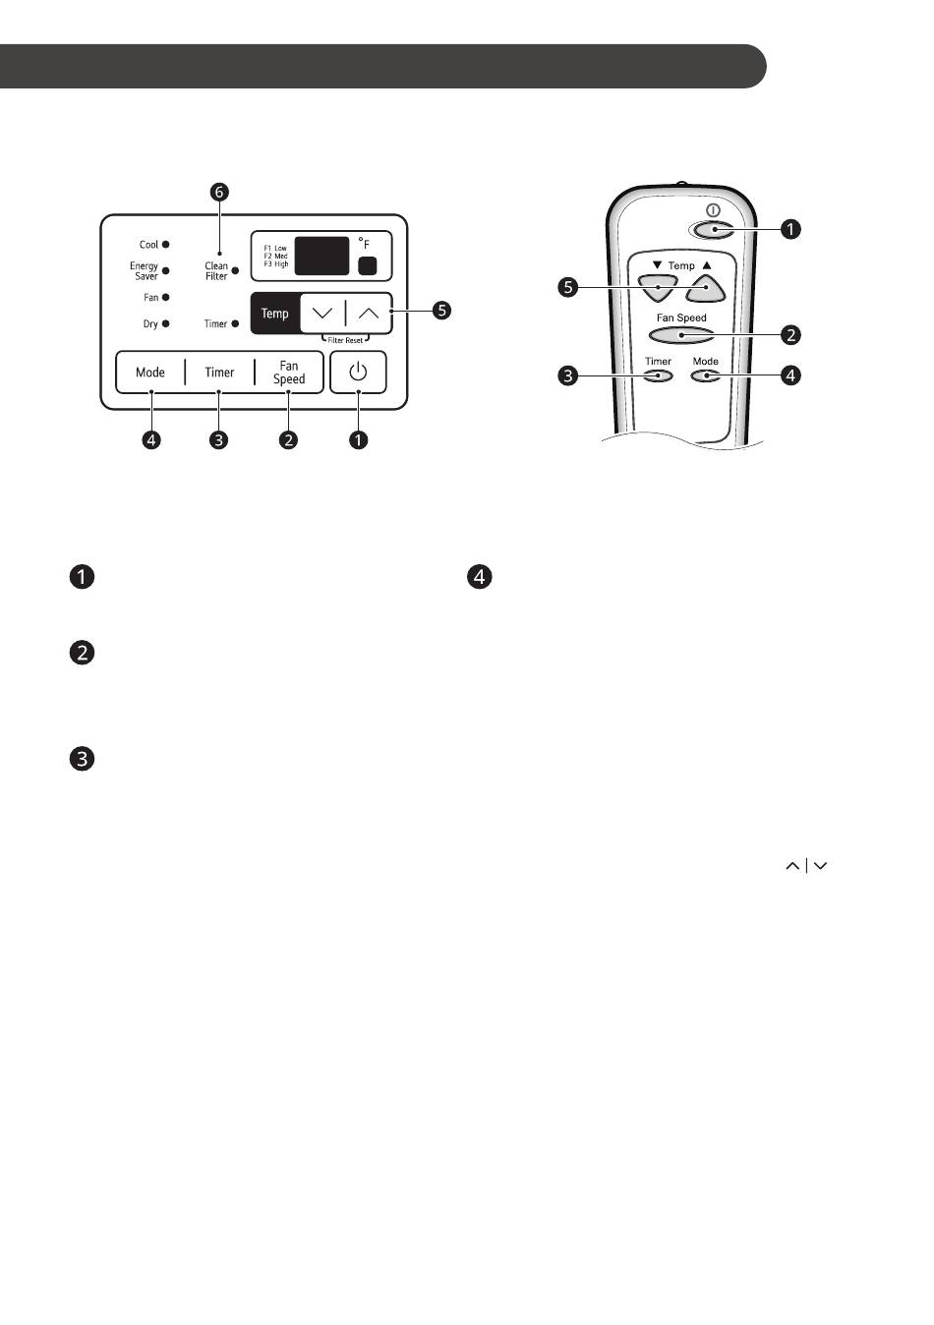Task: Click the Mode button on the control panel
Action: coord(150,373)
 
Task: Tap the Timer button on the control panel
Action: coord(219,373)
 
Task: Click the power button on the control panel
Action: coord(358,373)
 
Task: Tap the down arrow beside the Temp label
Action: coord(322,313)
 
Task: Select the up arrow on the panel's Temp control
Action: coord(369,313)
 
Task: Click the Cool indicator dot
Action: coord(165,245)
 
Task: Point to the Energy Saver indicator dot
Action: coord(165,271)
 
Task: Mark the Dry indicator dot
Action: coord(165,323)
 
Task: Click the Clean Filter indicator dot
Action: coord(235,271)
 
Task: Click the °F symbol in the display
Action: coord(364,243)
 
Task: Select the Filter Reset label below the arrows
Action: coord(345,340)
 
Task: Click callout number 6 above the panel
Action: coord(219,192)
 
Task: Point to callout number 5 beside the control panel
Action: coord(441,310)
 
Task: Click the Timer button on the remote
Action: coord(658,375)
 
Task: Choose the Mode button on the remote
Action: coord(705,375)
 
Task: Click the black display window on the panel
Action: coord(321,256)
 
